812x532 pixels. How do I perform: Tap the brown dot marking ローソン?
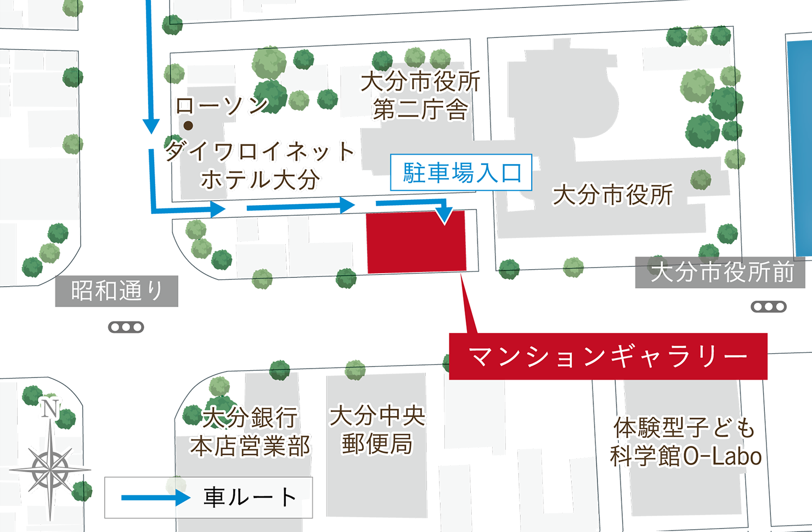click(x=188, y=126)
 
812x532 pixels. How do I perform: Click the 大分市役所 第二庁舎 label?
click(x=420, y=95)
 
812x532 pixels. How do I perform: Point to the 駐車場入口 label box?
click(x=461, y=173)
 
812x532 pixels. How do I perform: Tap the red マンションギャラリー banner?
click(x=608, y=356)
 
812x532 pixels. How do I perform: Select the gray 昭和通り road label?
click(x=116, y=291)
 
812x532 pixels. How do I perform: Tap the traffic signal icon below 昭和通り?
click(x=126, y=327)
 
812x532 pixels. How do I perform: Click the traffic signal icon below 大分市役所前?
click(x=769, y=307)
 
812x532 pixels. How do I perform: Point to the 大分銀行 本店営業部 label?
click(x=250, y=432)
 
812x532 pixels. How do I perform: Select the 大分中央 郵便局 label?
click(x=377, y=430)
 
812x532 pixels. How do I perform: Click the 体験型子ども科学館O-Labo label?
click(x=685, y=442)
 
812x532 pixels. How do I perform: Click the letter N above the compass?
click(x=50, y=409)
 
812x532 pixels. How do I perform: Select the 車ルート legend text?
click(x=250, y=497)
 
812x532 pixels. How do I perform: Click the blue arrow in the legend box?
click(x=155, y=497)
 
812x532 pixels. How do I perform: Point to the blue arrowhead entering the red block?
click(x=445, y=215)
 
